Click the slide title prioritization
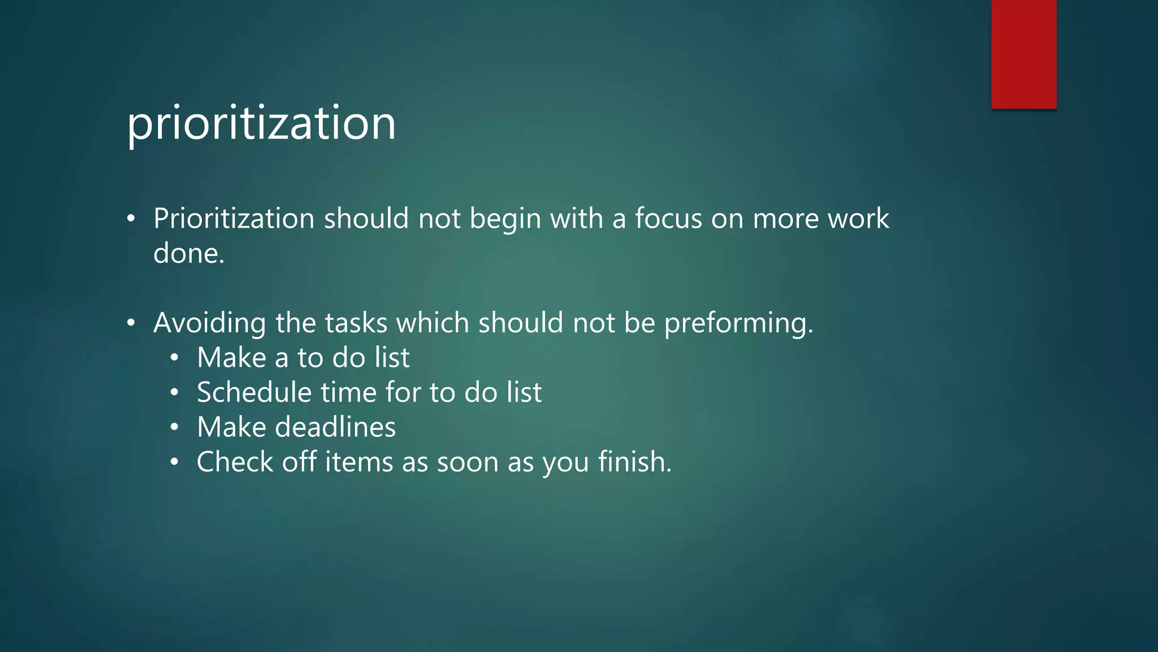pos(261,123)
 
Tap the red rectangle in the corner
pos(1023,54)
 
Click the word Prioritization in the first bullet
pos(234,218)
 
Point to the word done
pos(188,253)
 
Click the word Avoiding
pos(209,323)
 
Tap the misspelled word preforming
pos(738,323)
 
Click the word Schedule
pos(254,392)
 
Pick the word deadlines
pos(335,427)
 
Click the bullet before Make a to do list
pos(175,358)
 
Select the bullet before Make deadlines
pos(175,428)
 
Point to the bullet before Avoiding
pos(131,323)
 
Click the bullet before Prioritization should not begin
pos(131,219)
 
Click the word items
pos(358,462)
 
